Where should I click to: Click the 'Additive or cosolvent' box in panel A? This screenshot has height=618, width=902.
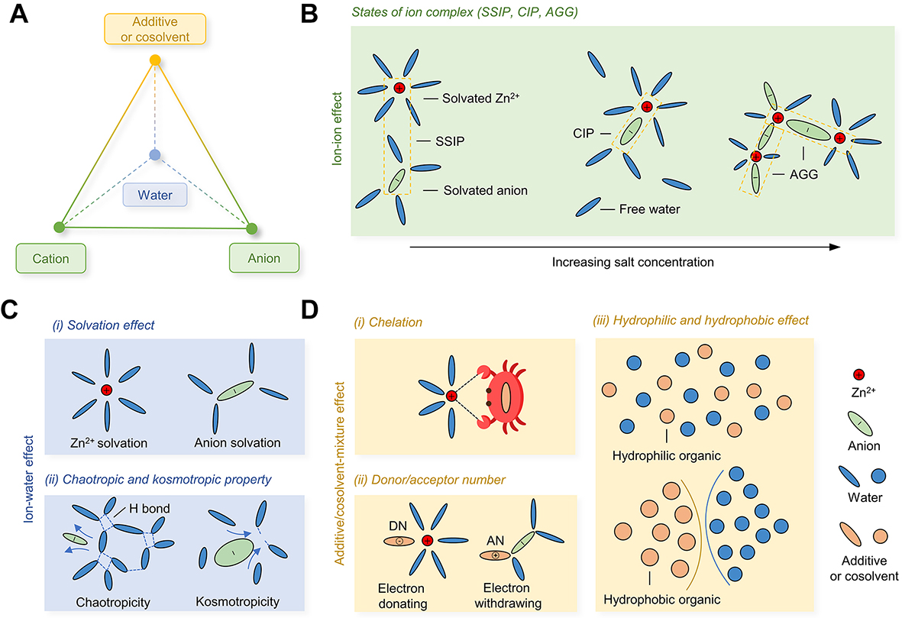(155, 28)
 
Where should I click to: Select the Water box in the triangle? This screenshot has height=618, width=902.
(155, 196)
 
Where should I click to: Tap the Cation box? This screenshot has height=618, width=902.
(50, 258)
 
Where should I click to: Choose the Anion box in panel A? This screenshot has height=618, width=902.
(263, 258)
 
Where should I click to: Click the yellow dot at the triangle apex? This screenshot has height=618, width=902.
(155, 60)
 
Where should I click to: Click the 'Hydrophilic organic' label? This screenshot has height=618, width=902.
(667, 456)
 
